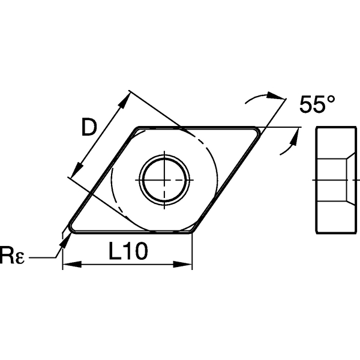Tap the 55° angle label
click(316, 106)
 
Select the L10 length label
click(128, 253)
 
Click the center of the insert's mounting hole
click(164, 179)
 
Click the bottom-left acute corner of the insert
click(70, 229)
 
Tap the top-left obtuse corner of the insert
click(138, 129)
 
